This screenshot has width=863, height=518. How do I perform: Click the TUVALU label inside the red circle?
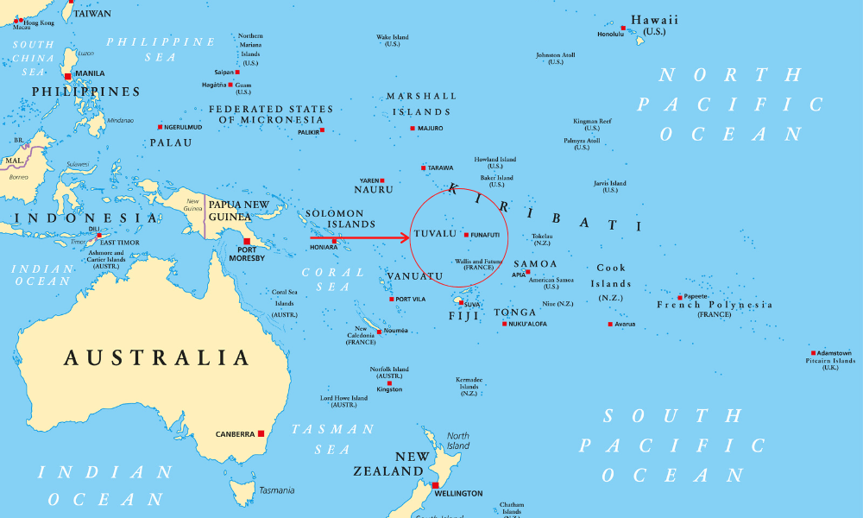[x=435, y=234]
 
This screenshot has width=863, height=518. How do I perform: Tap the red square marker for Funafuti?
[x=466, y=234]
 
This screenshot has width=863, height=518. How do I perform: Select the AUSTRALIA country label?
[x=157, y=358]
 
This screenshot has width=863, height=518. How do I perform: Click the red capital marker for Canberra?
[x=261, y=433]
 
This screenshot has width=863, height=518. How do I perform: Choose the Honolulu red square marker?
[x=623, y=28]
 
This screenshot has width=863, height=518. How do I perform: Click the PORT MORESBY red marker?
[x=247, y=242]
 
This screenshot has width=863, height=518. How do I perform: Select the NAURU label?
[x=373, y=189]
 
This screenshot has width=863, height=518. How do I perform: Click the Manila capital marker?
[x=68, y=76]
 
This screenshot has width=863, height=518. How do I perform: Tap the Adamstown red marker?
[x=813, y=352]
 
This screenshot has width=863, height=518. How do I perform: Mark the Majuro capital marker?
[x=413, y=128]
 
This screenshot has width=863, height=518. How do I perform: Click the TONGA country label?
[x=514, y=313]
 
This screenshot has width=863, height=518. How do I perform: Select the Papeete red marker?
[x=679, y=296]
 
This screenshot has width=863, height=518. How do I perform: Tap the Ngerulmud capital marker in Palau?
[x=160, y=127]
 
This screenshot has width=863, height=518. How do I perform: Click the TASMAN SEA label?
[x=332, y=439]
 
